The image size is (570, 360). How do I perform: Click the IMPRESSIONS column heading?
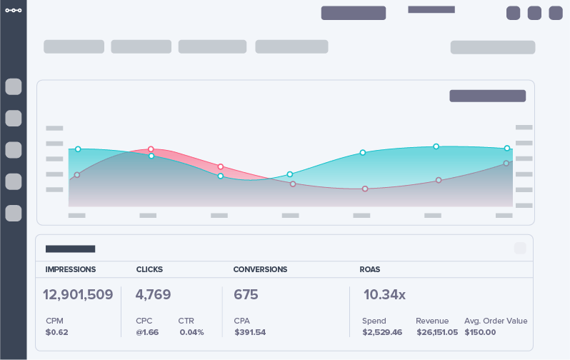coord(70,269)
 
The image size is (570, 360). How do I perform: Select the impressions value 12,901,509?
coord(78,294)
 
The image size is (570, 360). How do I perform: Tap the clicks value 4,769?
coord(153,294)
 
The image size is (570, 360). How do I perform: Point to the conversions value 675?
coord(246,294)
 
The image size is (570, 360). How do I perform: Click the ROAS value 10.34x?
coord(384,294)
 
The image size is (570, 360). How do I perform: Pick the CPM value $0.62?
coord(56,332)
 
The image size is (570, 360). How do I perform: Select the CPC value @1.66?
coord(147,332)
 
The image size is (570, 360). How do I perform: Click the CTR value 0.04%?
coord(191,332)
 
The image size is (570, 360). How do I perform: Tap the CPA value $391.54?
coord(249,332)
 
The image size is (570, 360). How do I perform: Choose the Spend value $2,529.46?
coord(382,332)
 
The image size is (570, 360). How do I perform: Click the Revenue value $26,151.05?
coord(437,332)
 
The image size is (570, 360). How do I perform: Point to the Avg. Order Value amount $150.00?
coord(480,332)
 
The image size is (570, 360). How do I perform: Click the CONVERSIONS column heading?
coord(260,269)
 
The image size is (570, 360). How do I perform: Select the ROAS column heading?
coord(370,269)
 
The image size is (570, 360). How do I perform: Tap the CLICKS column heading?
coord(149,269)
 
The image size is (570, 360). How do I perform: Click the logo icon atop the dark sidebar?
coord(13,10)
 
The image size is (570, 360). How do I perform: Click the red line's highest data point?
coord(151,149)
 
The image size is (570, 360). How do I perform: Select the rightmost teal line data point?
coord(507,149)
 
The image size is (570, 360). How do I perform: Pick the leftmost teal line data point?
coord(78,149)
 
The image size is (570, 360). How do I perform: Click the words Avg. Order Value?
coord(496,321)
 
